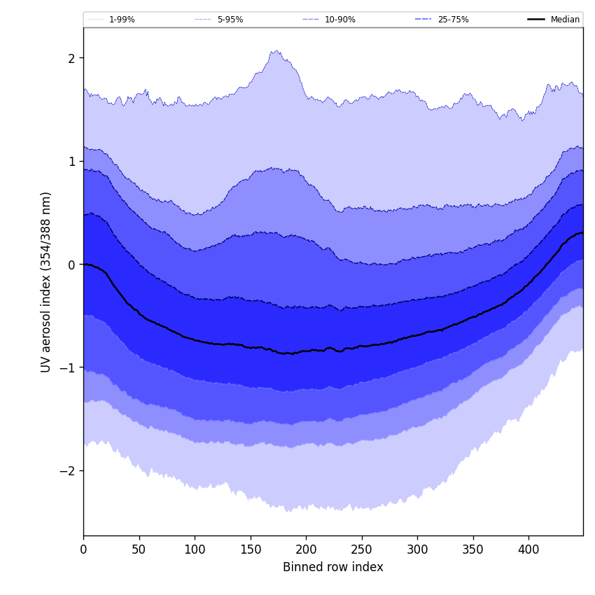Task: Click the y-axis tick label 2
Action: [71, 58]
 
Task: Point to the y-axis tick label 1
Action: [71, 161]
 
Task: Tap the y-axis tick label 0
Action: [71, 265]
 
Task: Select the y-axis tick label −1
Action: [67, 367]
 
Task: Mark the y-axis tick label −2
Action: [67, 471]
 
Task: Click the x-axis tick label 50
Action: [139, 549]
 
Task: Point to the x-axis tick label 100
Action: [195, 549]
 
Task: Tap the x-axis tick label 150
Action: [251, 549]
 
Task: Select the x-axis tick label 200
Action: [306, 549]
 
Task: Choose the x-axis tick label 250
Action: [362, 549]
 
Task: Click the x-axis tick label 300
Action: [417, 549]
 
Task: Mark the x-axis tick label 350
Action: [473, 549]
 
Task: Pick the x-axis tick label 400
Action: [528, 549]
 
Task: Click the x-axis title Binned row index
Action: [333, 567]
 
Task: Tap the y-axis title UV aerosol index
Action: [46, 282]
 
